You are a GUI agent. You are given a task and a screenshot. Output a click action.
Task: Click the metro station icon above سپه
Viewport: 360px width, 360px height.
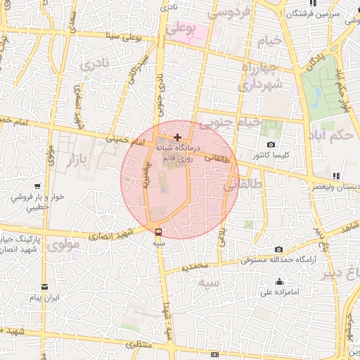(x=158, y=231)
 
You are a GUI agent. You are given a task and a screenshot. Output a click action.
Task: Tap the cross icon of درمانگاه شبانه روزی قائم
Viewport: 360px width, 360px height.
(x=177, y=136)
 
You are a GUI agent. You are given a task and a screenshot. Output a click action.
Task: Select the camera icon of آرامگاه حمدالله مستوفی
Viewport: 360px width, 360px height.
(x=278, y=250)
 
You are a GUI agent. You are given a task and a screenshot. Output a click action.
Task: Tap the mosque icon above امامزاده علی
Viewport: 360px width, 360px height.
(x=279, y=282)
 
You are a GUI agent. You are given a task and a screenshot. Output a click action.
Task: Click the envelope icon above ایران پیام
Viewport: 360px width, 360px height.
(x=46, y=287)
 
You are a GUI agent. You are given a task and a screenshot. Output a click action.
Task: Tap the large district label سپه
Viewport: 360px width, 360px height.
(x=210, y=283)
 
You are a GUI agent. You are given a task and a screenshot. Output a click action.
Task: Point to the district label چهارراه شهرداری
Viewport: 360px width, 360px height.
(x=261, y=76)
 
